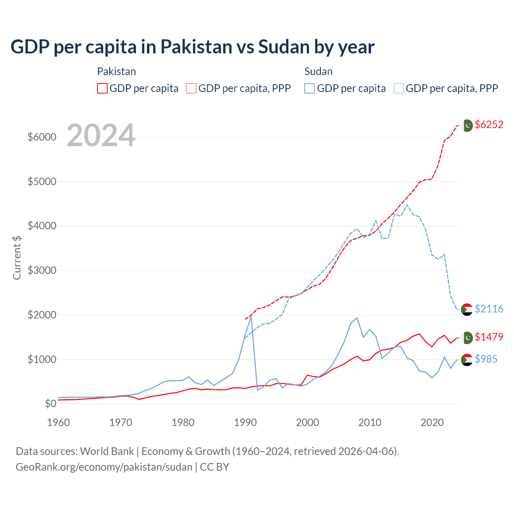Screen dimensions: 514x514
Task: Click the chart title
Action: point(192,47)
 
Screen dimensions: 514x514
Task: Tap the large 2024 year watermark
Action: point(101,135)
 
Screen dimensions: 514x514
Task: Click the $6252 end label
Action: point(489,124)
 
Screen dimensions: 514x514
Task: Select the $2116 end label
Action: point(489,309)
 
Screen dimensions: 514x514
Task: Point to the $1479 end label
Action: point(489,337)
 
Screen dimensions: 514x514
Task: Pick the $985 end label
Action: point(486,359)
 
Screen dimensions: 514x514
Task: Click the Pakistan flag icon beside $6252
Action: point(467,125)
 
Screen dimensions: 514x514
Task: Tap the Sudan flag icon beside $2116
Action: point(467,309)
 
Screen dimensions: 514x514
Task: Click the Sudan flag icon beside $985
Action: point(467,360)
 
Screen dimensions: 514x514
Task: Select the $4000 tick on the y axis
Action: point(42,226)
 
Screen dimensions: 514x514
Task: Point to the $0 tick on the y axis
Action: point(50,404)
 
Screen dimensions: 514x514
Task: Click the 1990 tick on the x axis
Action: point(245,422)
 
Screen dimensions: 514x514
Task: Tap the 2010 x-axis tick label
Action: point(370,422)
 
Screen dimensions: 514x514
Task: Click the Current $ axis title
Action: point(17,257)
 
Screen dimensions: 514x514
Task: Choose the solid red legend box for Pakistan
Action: point(102,88)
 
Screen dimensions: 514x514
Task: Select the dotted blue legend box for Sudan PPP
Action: point(399,88)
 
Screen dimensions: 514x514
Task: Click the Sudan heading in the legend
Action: point(318,71)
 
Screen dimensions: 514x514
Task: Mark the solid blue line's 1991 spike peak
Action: point(251,316)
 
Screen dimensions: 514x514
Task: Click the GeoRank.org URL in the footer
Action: point(104,467)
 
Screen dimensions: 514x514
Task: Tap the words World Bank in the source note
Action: point(107,451)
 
